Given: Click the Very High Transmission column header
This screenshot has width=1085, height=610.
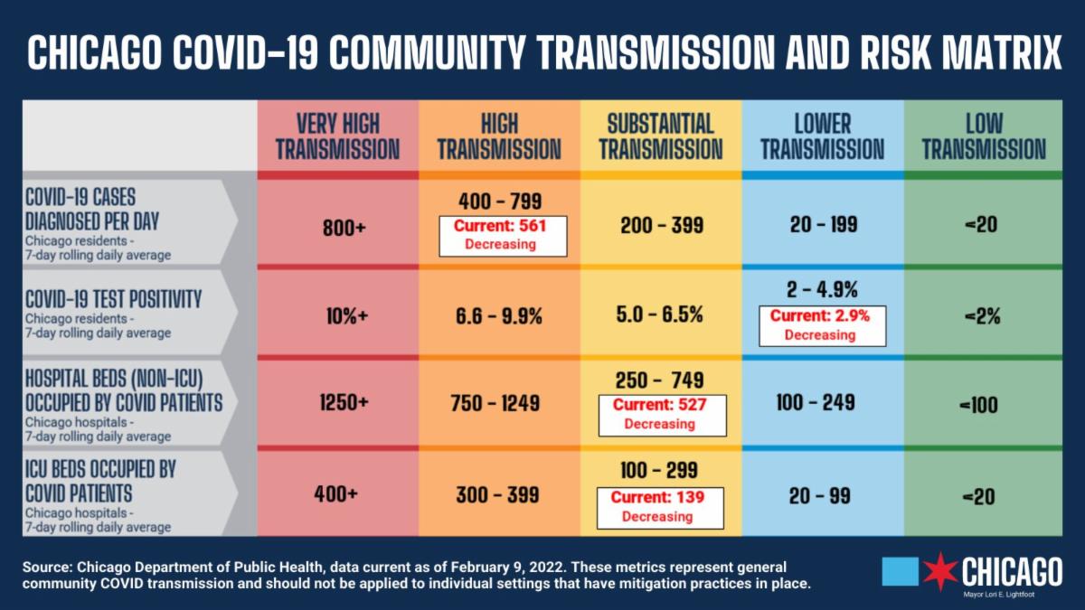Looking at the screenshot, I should coord(337,136).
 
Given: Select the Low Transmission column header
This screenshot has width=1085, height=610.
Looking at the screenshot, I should coord(984,136).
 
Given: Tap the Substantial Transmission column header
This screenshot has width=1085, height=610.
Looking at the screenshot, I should coord(660,136).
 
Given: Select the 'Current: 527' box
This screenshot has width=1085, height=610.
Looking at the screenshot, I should coord(660,414).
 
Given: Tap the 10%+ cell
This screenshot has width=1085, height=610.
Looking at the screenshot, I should coord(344,316).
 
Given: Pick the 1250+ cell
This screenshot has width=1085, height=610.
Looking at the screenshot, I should coord(344,404).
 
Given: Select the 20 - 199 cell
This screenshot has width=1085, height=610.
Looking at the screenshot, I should coord(823,225).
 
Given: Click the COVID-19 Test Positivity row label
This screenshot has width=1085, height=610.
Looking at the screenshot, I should coord(113,299).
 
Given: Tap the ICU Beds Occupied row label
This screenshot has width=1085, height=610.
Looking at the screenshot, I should coord(100,482).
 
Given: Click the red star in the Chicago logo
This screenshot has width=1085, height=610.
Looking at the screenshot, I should coord(940,571).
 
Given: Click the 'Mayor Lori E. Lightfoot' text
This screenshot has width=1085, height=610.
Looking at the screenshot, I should coord(1011,594).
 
